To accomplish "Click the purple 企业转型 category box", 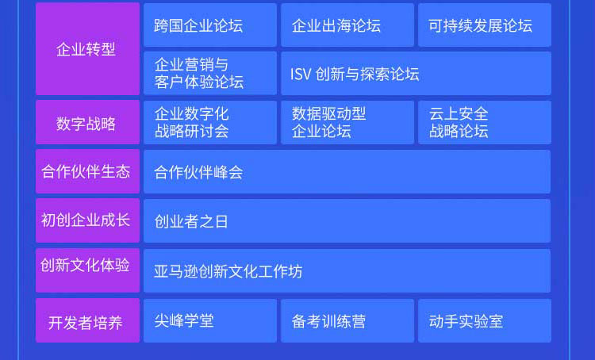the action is pyautogui.click(x=87, y=49).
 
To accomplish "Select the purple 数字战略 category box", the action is pyautogui.click(x=87, y=122).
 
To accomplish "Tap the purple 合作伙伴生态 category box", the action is pyautogui.click(x=87, y=171).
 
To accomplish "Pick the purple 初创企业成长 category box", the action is pyautogui.click(x=87, y=220).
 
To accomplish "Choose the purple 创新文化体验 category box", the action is pyautogui.click(x=87, y=270).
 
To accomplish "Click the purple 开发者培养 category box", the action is pyautogui.click(x=87, y=320).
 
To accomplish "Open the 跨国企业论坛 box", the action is pyautogui.click(x=210, y=25).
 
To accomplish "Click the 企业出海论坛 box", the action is pyautogui.click(x=347, y=25).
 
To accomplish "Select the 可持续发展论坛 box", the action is pyautogui.click(x=485, y=25).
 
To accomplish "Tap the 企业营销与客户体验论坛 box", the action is pyautogui.click(x=210, y=73).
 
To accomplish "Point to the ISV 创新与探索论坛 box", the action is pyautogui.click(x=416, y=73).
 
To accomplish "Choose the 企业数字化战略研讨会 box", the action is pyautogui.click(x=210, y=123).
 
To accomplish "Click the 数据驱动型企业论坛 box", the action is pyautogui.click(x=347, y=123).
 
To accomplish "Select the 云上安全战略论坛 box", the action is pyautogui.click(x=485, y=123).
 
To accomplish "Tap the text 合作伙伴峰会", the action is pyautogui.click(x=198, y=173).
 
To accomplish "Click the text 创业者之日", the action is pyautogui.click(x=191, y=221).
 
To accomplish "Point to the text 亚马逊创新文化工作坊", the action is pyautogui.click(x=228, y=272).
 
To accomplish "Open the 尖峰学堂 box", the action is pyautogui.click(x=210, y=321).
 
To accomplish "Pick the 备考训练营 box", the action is pyautogui.click(x=347, y=321).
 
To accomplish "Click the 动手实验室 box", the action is pyautogui.click(x=485, y=321).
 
